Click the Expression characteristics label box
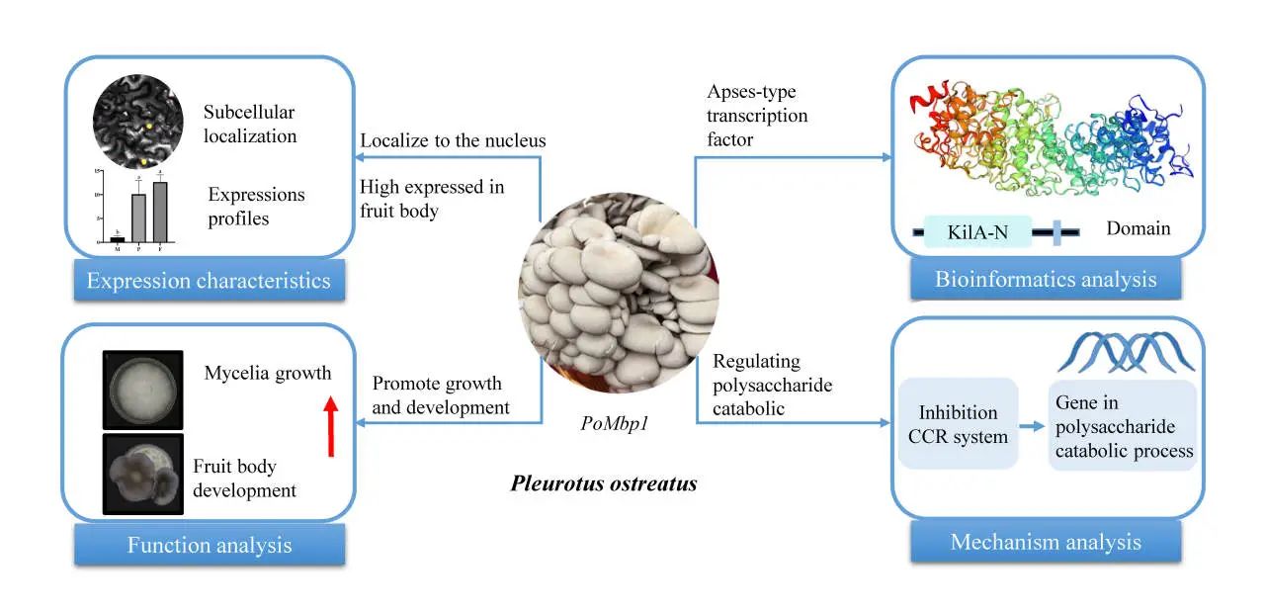[x=209, y=281]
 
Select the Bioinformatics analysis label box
[x=1046, y=280]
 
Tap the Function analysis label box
[x=209, y=545]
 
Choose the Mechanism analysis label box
[x=1046, y=542]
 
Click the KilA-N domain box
[x=978, y=232]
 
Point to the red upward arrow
[x=331, y=426]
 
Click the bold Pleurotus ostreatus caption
[x=604, y=484]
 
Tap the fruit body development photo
[x=143, y=475]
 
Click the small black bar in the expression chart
[x=118, y=238]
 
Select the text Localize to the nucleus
[x=453, y=140]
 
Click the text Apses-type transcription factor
[x=757, y=116]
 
